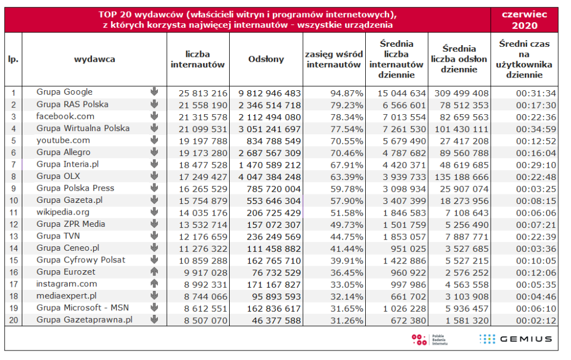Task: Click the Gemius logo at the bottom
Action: click(515, 339)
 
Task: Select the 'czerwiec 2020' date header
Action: click(524, 20)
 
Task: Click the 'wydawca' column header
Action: click(94, 59)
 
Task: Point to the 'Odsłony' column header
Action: click(266, 59)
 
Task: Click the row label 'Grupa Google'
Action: click(65, 92)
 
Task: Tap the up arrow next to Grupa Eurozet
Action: click(154, 272)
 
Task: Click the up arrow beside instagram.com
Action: click(154, 284)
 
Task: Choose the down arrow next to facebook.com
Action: click(154, 116)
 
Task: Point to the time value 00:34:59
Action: click(536, 128)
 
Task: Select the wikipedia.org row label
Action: click(63, 212)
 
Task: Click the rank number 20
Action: click(13, 320)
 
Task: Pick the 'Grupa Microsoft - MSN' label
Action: click(80, 308)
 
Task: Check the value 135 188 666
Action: click(459, 176)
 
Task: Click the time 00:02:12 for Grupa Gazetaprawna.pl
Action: click(536, 320)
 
